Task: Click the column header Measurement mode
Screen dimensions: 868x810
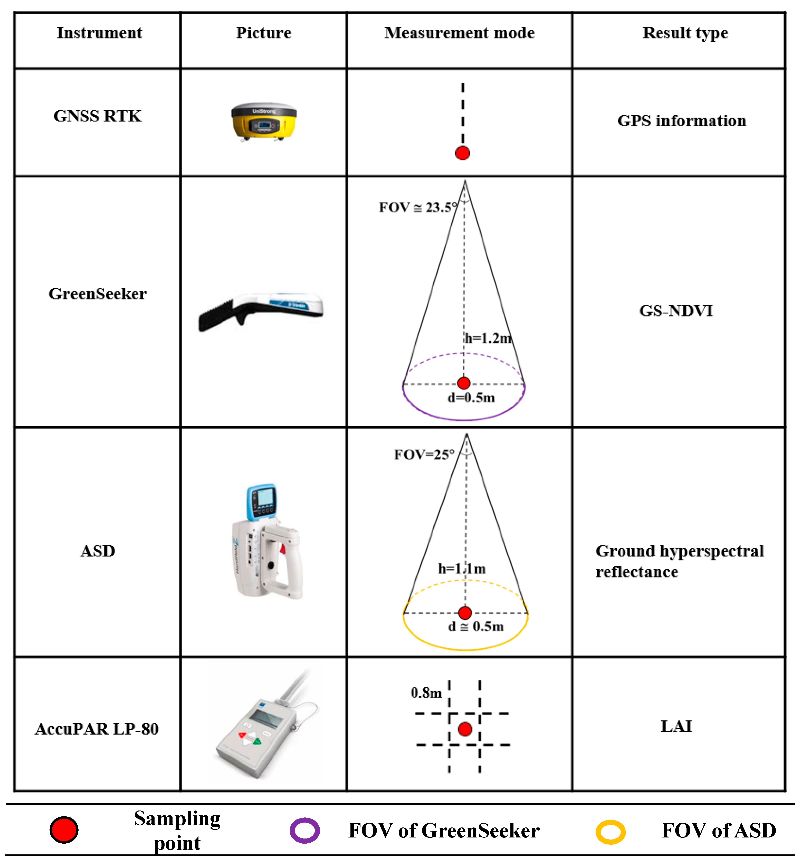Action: (x=459, y=33)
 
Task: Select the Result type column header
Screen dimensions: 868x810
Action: (x=685, y=33)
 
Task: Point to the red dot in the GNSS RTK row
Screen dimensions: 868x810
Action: (x=462, y=153)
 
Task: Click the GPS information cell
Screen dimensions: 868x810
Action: (x=681, y=121)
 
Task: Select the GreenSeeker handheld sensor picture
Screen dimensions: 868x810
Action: (x=261, y=310)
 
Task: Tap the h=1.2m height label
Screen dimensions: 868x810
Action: (x=488, y=338)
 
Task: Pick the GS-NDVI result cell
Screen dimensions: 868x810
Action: (x=675, y=311)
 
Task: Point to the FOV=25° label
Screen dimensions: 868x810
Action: (x=424, y=455)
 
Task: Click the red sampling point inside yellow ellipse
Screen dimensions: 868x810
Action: (x=465, y=613)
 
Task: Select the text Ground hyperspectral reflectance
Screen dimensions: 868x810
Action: (x=679, y=561)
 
